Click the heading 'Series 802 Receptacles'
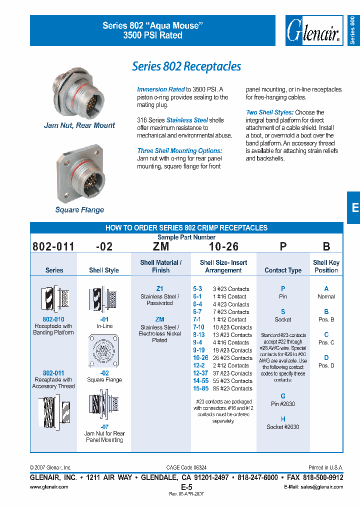(186, 66)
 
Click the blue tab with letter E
(354, 208)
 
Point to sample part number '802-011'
(53, 246)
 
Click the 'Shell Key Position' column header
(326, 266)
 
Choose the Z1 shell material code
(159, 289)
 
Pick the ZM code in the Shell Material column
(159, 319)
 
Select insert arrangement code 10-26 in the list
(200, 358)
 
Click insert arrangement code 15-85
(200, 388)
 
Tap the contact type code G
(283, 396)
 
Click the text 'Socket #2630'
(283, 427)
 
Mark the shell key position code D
(326, 357)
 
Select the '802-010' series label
(53, 319)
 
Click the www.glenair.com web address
(49, 486)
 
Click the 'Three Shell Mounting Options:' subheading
(179, 150)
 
